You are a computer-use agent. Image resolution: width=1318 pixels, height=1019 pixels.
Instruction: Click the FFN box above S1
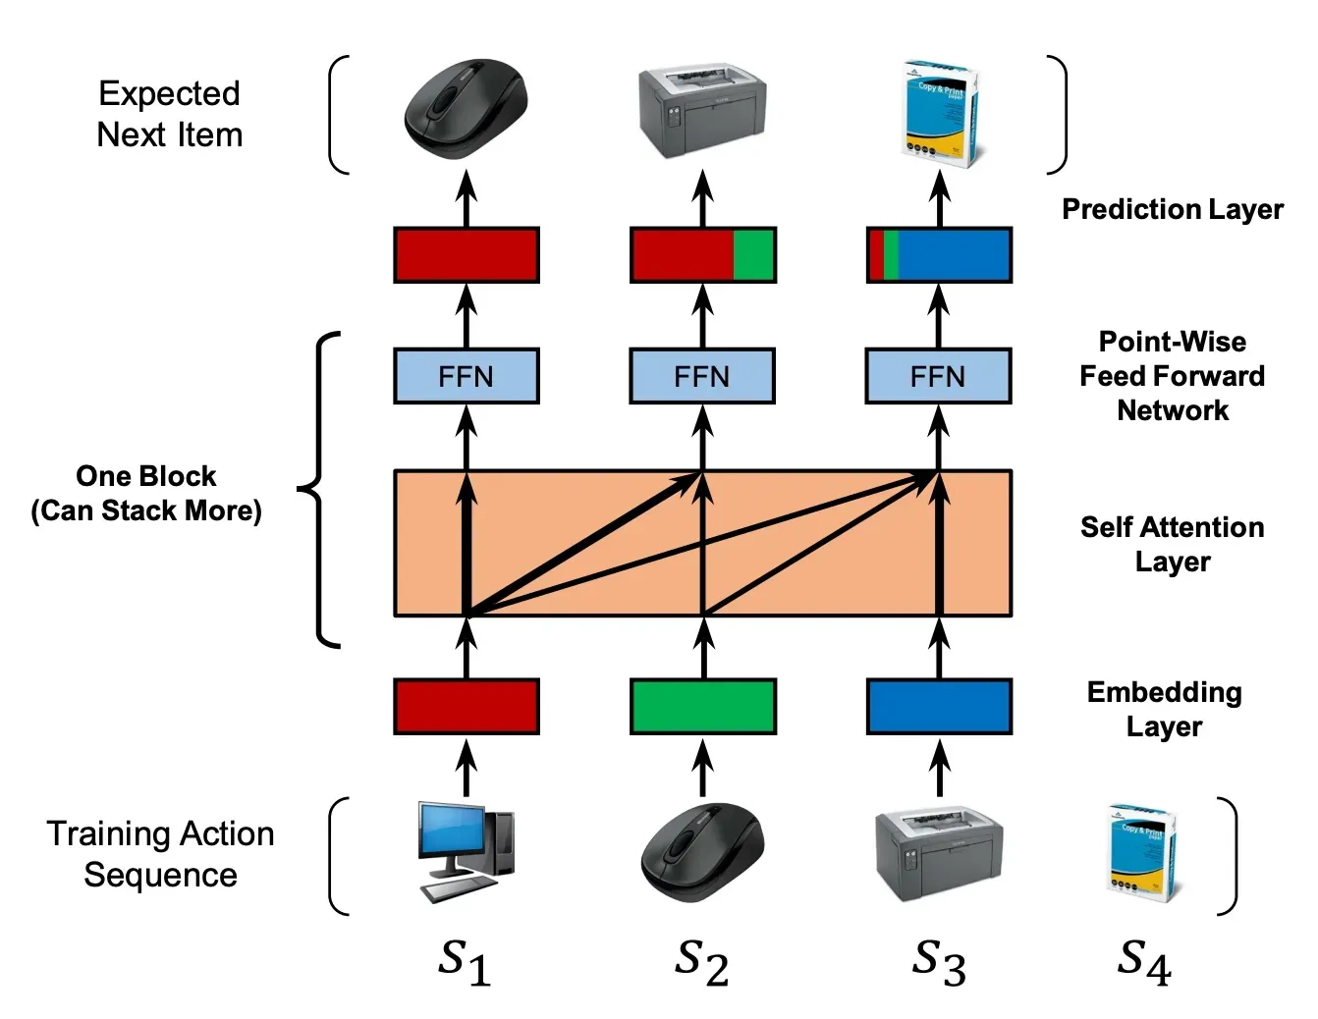point(466,376)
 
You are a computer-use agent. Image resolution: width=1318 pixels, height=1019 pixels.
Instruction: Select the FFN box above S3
point(938,376)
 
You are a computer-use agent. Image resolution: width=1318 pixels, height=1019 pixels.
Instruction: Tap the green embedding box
point(702,706)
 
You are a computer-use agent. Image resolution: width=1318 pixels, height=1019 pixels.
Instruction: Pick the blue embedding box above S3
point(939,706)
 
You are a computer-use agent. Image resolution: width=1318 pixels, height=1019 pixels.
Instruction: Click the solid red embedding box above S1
point(466,706)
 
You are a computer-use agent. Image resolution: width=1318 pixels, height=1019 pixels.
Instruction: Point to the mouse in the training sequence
point(702,852)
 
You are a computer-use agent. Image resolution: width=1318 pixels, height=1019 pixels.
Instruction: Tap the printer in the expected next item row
point(701,113)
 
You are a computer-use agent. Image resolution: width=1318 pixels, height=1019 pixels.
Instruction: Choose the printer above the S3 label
point(938,854)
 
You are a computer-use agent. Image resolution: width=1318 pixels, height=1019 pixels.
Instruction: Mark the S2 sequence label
point(701,961)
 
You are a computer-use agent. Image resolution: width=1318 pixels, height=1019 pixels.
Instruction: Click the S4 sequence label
point(1144,961)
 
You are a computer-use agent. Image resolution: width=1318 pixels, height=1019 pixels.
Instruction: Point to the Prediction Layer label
point(1173,209)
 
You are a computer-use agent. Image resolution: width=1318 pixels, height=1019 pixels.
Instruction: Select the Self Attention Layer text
point(1172,544)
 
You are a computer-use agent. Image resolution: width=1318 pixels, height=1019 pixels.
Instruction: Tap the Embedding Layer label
point(1164,709)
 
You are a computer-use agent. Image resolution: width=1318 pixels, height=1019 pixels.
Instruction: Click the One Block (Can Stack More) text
point(146,493)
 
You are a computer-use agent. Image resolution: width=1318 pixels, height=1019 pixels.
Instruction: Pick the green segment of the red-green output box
point(754,255)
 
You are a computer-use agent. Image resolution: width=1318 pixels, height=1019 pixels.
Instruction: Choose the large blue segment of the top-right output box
point(954,255)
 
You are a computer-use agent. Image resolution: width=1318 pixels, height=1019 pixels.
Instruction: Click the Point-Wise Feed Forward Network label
point(1172,376)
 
